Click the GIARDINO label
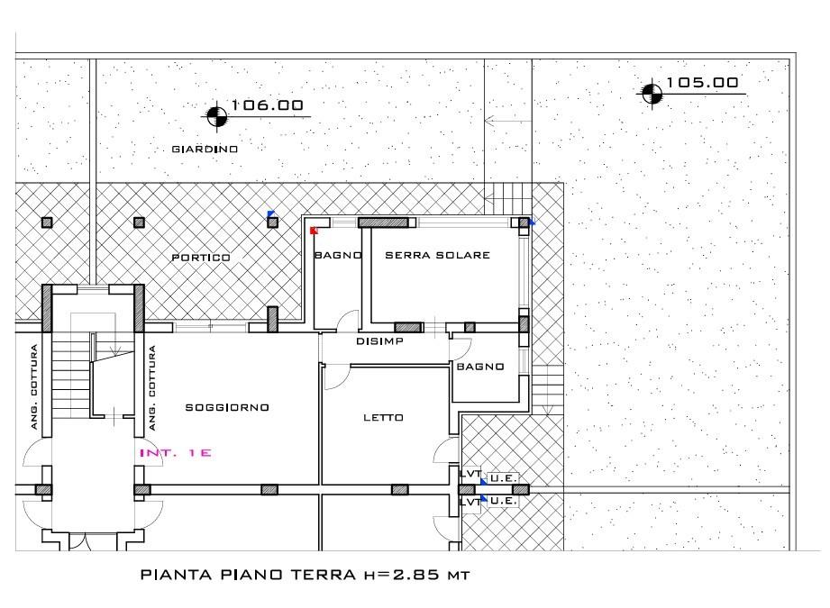click(205, 150)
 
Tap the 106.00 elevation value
click(268, 104)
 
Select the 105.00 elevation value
click(702, 83)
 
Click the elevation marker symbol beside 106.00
click(216, 116)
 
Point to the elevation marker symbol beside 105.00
click(652, 95)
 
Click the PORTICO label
click(201, 258)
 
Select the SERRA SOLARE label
click(437, 255)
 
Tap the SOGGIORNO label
click(227, 407)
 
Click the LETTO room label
click(383, 418)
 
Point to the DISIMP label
click(379, 341)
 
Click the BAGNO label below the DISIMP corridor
click(480, 367)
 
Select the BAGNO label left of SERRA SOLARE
click(338, 255)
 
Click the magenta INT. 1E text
click(175, 453)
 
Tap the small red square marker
click(314, 231)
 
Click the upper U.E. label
click(503, 478)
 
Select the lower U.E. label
click(503, 501)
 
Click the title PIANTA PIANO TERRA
click(248, 575)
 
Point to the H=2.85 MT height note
click(416, 575)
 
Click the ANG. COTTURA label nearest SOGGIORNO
click(152, 388)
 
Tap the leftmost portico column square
click(47, 222)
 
